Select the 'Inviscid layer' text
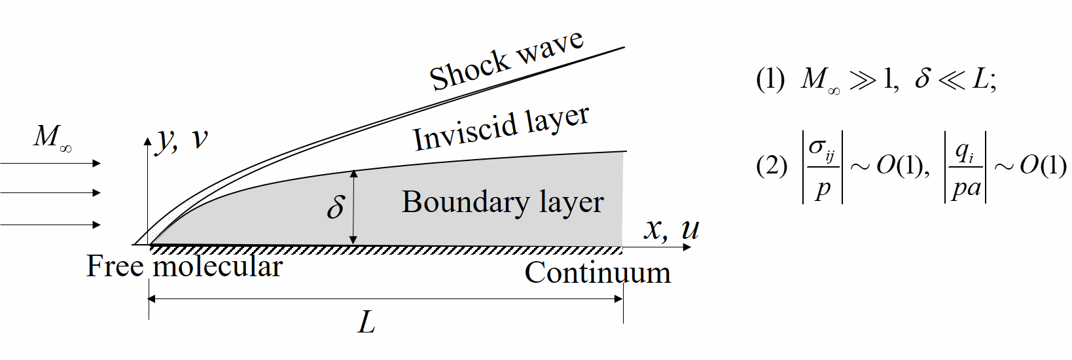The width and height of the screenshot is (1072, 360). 501,129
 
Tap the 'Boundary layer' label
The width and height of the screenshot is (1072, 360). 503,202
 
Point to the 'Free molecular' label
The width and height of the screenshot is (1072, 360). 184,266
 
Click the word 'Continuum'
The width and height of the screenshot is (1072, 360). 598,273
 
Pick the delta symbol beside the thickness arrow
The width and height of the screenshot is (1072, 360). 335,206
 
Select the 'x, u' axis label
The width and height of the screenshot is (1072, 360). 671,228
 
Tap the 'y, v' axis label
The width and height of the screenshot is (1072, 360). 183,139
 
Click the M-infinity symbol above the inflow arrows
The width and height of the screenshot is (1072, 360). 52,137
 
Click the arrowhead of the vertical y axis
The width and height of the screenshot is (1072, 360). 149,141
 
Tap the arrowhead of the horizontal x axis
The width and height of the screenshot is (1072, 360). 687,247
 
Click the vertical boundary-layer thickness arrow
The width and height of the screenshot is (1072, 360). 354,207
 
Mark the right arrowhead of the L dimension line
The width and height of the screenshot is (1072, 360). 618,299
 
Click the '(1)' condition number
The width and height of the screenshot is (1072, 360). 770,79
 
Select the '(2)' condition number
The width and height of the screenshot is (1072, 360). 771,166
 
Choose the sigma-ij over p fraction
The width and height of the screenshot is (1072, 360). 822,167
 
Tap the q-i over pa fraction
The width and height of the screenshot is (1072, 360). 966,167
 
